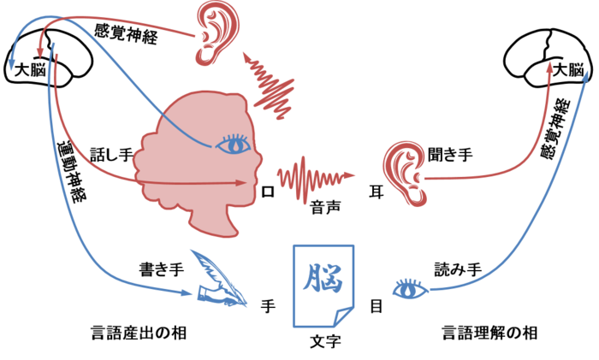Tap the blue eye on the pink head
pos(233,145)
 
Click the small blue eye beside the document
pos(411,289)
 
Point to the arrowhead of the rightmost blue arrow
pos(584,75)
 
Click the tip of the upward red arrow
pos(549,66)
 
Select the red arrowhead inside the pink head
pos(242,182)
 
